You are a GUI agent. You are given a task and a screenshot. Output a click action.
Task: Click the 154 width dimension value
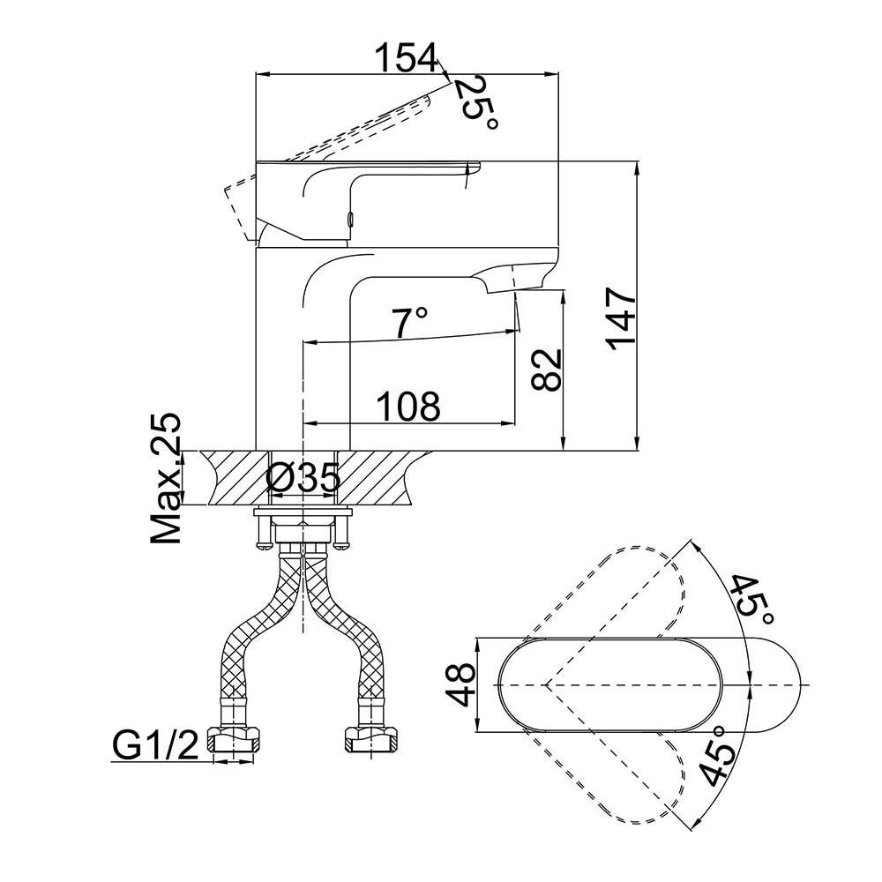pyautogui.click(x=406, y=57)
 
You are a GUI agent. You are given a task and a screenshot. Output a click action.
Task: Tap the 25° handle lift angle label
pyautogui.click(x=476, y=104)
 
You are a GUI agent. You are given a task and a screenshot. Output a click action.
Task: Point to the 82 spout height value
pyautogui.click(x=546, y=370)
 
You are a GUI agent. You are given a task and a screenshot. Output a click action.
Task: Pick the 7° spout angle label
pyautogui.click(x=409, y=322)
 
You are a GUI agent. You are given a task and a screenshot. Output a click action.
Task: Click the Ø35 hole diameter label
pyautogui.click(x=303, y=479)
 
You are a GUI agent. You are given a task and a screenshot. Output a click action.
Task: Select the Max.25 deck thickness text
pyautogui.click(x=166, y=478)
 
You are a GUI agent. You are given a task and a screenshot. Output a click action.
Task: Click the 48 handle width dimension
pyautogui.click(x=461, y=684)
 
